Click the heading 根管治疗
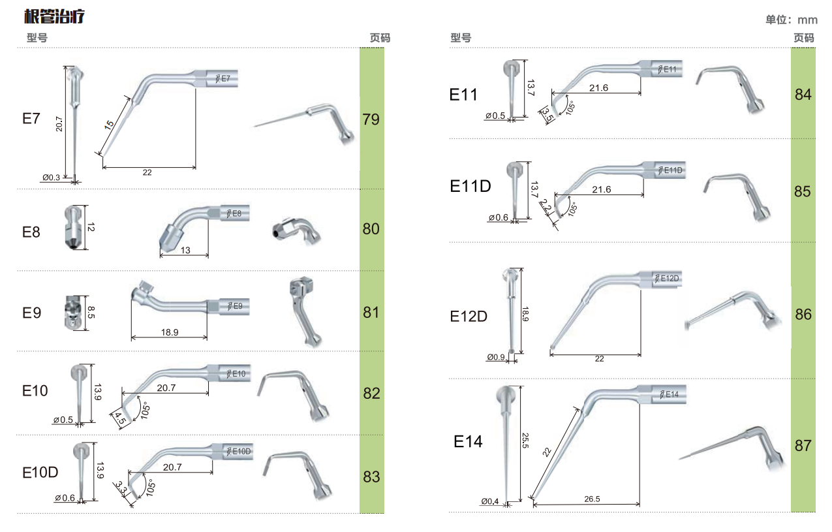tap(54, 16)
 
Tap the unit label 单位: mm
tap(792, 20)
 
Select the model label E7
tap(31, 119)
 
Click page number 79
tap(371, 119)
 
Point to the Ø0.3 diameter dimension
tap(52, 178)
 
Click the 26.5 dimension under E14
tap(592, 499)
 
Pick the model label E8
tap(31, 232)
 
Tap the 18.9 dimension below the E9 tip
tap(170, 332)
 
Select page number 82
tap(371, 394)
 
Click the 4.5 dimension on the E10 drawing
tap(120, 418)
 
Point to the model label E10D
tap(40, 473)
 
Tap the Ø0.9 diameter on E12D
tap(495, 357)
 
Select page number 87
tap(803, 445)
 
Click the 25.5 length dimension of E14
tap(525, 440)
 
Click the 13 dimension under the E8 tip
tap(185, 251)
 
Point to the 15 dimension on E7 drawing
tap(109, 125)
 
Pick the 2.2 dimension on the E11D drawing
tap(545, 206)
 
